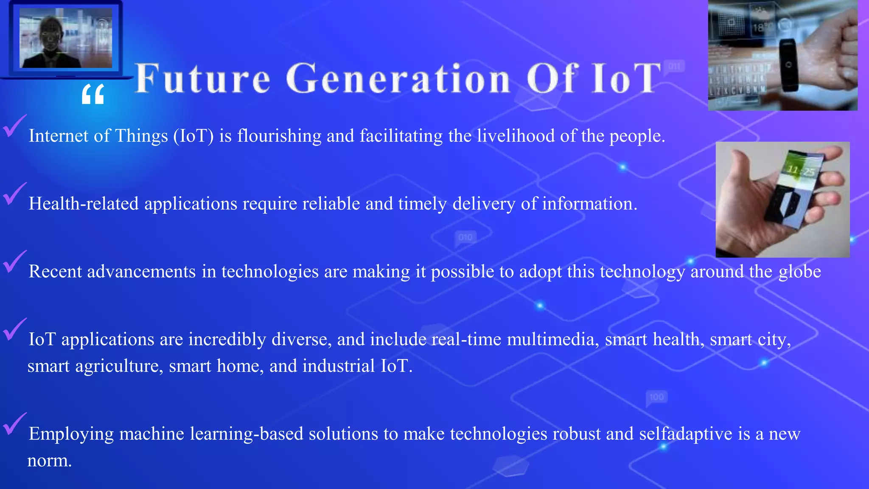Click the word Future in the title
point(202,79)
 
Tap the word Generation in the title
point(398,79)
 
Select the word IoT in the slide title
point(626,79)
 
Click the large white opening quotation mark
point(93,94)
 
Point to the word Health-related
point(84,204)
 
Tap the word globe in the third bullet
point(800,272)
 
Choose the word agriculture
point(119,366)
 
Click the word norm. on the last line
point(49,461)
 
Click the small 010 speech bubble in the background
point(465,237)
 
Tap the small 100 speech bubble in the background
point(656,397)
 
